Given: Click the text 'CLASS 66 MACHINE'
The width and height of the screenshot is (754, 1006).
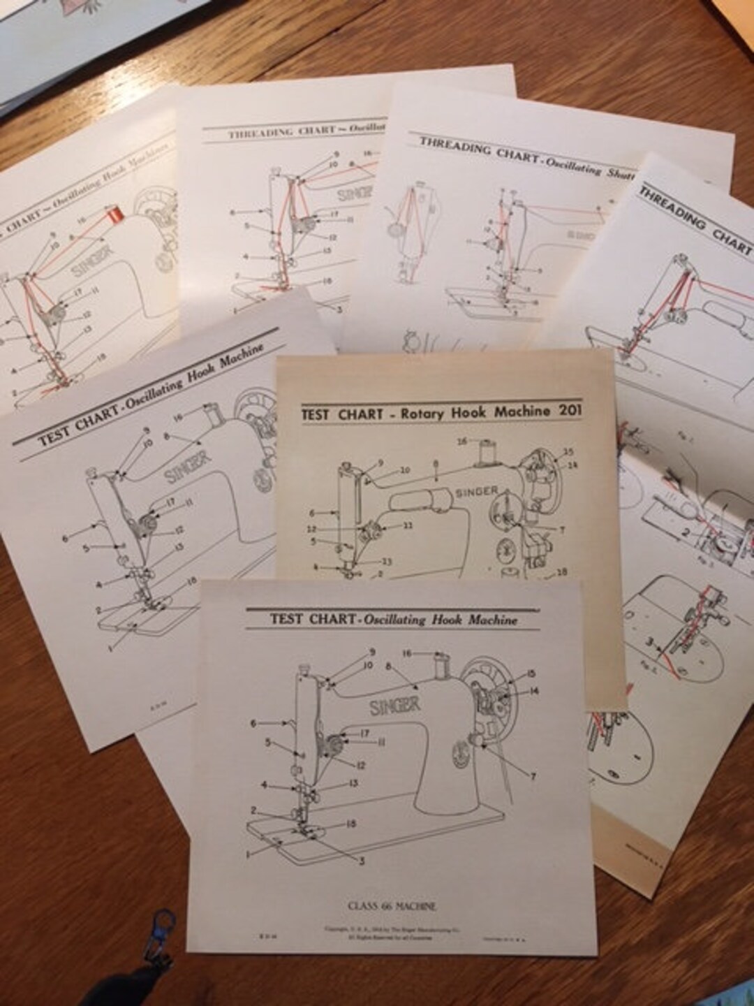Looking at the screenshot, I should (x=392, y=906).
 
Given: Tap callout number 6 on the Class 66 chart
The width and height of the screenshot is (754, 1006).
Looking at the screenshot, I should (x=254, y=724).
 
